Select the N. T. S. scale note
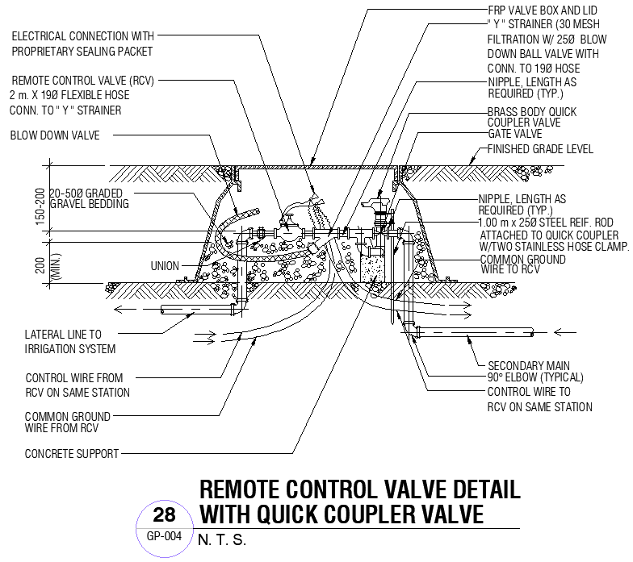tap(221, 540)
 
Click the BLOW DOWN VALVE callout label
tap(55, 135)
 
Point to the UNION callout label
tap(165, 266)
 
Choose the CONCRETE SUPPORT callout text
tap(72, 453)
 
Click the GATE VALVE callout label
tap(514, 134)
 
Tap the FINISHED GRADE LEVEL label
tap(540, 149)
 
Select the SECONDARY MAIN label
tap(529, 365)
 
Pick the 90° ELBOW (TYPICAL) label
tap(534, 377)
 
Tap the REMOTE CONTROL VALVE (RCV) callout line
tap(82, 81)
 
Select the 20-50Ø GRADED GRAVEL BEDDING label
tap(89, 199)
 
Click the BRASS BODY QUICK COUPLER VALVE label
tap(531, 117)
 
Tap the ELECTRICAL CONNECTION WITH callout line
tap(82, 36)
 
